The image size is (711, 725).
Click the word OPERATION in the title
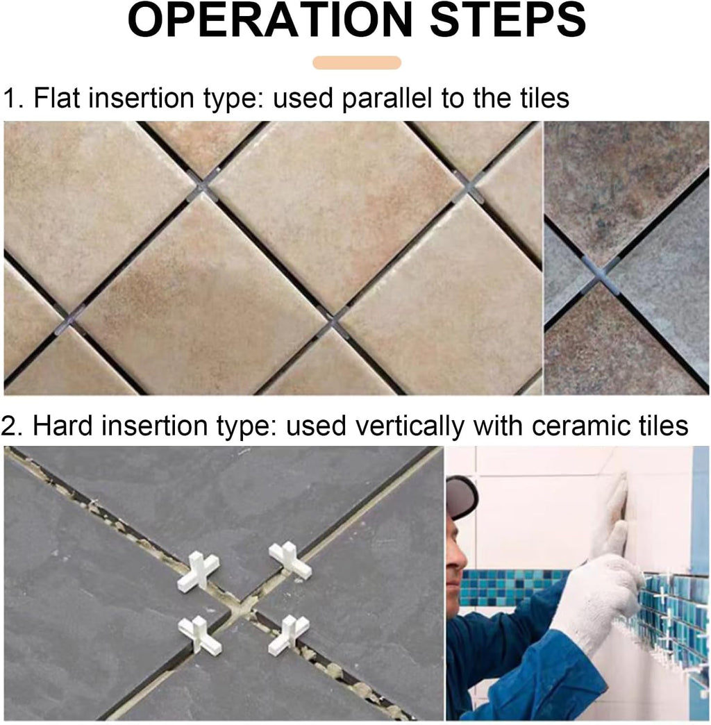pyautogui.click(x=269, y=21)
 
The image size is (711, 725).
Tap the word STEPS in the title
pyautogui.click(x=508, y=21)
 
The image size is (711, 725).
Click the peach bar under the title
pyautogui.click(x=356, y=62)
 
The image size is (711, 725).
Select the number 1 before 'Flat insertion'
pyautogui.click(x=10, y=98)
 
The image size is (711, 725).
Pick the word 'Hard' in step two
pyautogui.click(x=62, y=426)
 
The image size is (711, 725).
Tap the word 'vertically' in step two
pyautogui.click(x=409, y=426)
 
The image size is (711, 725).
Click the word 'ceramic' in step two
pyautogui.click(x=574, y=426)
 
